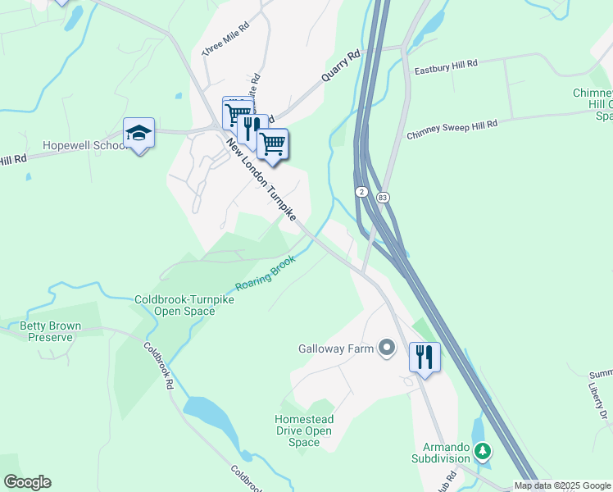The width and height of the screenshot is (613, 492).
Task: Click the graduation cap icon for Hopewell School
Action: [139, 133]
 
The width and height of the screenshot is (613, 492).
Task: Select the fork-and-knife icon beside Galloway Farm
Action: [425, 357]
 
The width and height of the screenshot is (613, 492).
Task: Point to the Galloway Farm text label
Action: [335, 349]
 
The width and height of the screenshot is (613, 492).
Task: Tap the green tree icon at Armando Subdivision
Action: [483, 450]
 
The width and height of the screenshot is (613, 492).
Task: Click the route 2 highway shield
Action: [361, 191]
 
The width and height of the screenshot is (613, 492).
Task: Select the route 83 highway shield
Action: [383, 198]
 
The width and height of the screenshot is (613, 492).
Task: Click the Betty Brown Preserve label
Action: [51, 331]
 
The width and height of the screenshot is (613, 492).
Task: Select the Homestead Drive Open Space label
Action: [303, 430]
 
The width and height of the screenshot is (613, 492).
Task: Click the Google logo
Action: [27, 482]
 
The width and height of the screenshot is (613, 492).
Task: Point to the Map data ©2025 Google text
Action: [562, 485]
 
